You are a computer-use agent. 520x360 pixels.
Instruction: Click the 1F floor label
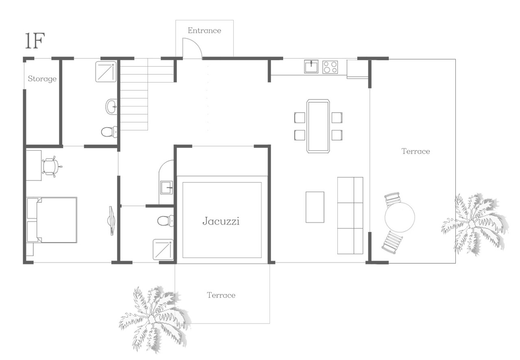[35, 41]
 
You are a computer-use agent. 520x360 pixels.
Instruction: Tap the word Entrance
[204, 30]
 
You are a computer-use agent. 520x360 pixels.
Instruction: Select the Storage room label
[42, 79]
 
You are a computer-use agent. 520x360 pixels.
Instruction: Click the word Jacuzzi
[221, 221]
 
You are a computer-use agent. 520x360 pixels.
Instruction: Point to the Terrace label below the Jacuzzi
[221, 295]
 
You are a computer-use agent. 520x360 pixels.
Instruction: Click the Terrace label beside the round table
[416, 151]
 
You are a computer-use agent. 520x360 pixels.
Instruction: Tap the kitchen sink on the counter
[311, 67]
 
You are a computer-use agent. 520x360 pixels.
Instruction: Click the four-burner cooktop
[330, 67]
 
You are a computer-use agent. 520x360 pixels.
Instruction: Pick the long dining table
[318, 126]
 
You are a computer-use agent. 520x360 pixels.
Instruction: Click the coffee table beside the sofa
[315, 207]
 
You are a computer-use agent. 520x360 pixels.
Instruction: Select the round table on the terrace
[400, 217]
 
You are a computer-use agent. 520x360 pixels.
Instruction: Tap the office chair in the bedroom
[52, 167]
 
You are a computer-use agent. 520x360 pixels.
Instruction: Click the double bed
[52, 220]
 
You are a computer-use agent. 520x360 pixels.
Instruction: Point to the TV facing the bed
[111, 221]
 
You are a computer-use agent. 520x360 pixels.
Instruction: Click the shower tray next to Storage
[106, 72]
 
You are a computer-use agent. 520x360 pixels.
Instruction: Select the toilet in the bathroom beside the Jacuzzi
[165, 221]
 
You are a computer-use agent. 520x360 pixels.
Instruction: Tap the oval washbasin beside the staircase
[111, 107]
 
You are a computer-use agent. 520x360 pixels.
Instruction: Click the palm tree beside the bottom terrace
[154, 320]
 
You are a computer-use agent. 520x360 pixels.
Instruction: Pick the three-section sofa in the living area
[350, 215]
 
